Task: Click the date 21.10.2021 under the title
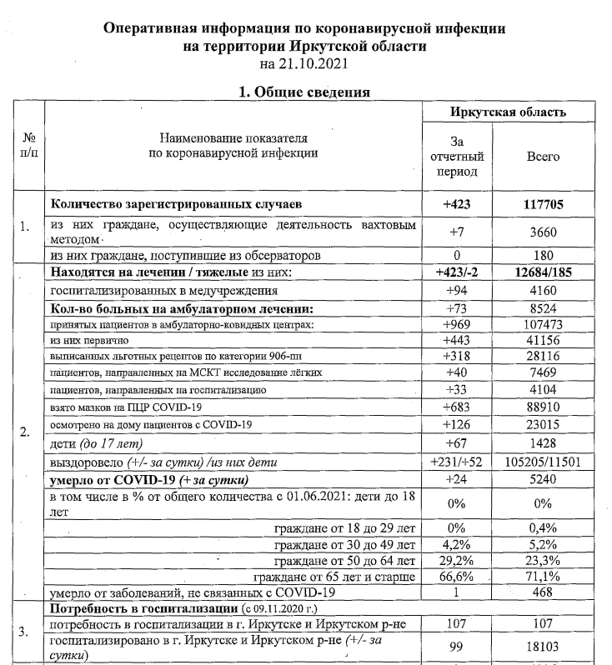tap(303, 63)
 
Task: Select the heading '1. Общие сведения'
tap(304, 92)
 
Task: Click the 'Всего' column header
tap(544, 156)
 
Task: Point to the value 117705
tap(544, 202)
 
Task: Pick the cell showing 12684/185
tap(544, 272)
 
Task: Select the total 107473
tap(544, 323)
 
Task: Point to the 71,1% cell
tap(544, 576)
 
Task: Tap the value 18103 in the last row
tap(544, 647)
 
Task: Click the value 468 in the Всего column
tap(544, 592)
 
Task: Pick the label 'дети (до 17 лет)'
tap(98, 442)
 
